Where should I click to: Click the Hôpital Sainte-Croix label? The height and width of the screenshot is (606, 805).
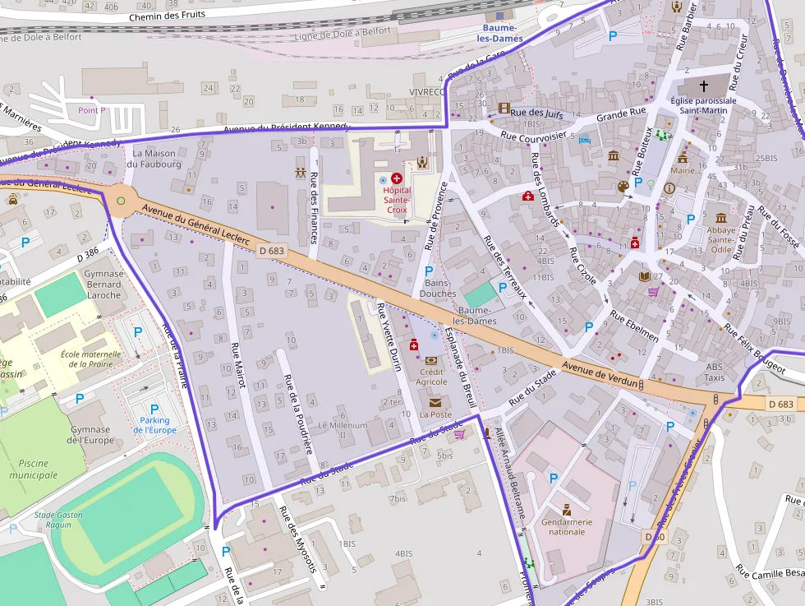point(396,200)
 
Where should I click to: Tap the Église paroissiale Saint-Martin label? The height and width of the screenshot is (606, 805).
point(703,105)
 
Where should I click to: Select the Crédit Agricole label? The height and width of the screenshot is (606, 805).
point(431,377)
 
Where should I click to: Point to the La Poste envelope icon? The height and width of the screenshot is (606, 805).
point(435,402)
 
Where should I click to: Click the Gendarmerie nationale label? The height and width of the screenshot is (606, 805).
point(567,526)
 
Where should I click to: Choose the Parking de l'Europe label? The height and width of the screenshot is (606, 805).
point(154,424)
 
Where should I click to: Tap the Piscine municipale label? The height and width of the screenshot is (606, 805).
point(34,469)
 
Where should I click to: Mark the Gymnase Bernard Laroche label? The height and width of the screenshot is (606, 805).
point(103,284)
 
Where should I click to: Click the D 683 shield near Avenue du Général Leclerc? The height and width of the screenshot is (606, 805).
point(272,251)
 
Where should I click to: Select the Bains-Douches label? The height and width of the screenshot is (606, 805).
point(438,288)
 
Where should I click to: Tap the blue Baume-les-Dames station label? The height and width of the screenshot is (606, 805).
point(499,33)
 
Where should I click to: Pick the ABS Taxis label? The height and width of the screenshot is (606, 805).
point(715,372)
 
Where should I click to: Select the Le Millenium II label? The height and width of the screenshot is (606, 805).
point(343,430)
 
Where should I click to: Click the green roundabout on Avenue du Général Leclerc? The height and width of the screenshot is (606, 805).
point(122,200)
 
